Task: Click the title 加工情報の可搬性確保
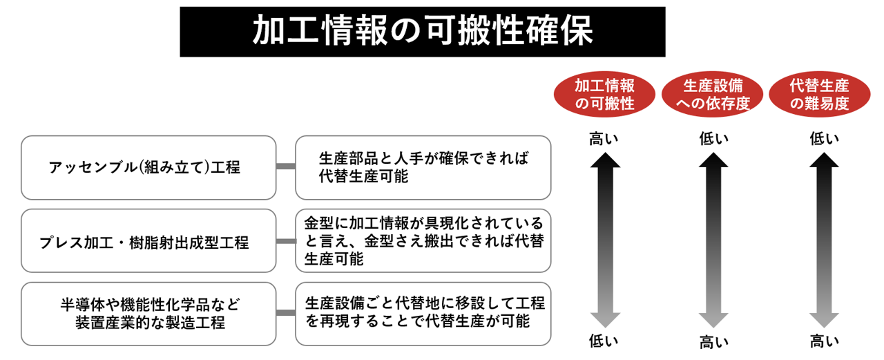[422, 32]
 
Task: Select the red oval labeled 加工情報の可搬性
[605, 95]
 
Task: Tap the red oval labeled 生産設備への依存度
[713, 95]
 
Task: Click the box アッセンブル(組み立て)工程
[148, 167]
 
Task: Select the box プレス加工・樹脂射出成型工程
[148, 241]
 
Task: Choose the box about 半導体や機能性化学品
[148, 313]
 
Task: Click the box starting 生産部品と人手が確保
[423, 167]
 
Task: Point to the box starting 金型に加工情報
[423, 241]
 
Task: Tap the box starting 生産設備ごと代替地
[423, 313]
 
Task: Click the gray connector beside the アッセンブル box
[285, 167]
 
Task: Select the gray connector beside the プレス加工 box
[285, 241]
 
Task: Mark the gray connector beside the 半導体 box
[285, 313]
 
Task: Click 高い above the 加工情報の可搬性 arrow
[604, 138]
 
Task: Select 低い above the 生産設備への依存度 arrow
[713, 138]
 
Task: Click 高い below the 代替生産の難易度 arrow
[824, 341]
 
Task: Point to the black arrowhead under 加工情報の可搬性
[605, 161]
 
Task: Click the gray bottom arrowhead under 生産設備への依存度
[713, 319]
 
